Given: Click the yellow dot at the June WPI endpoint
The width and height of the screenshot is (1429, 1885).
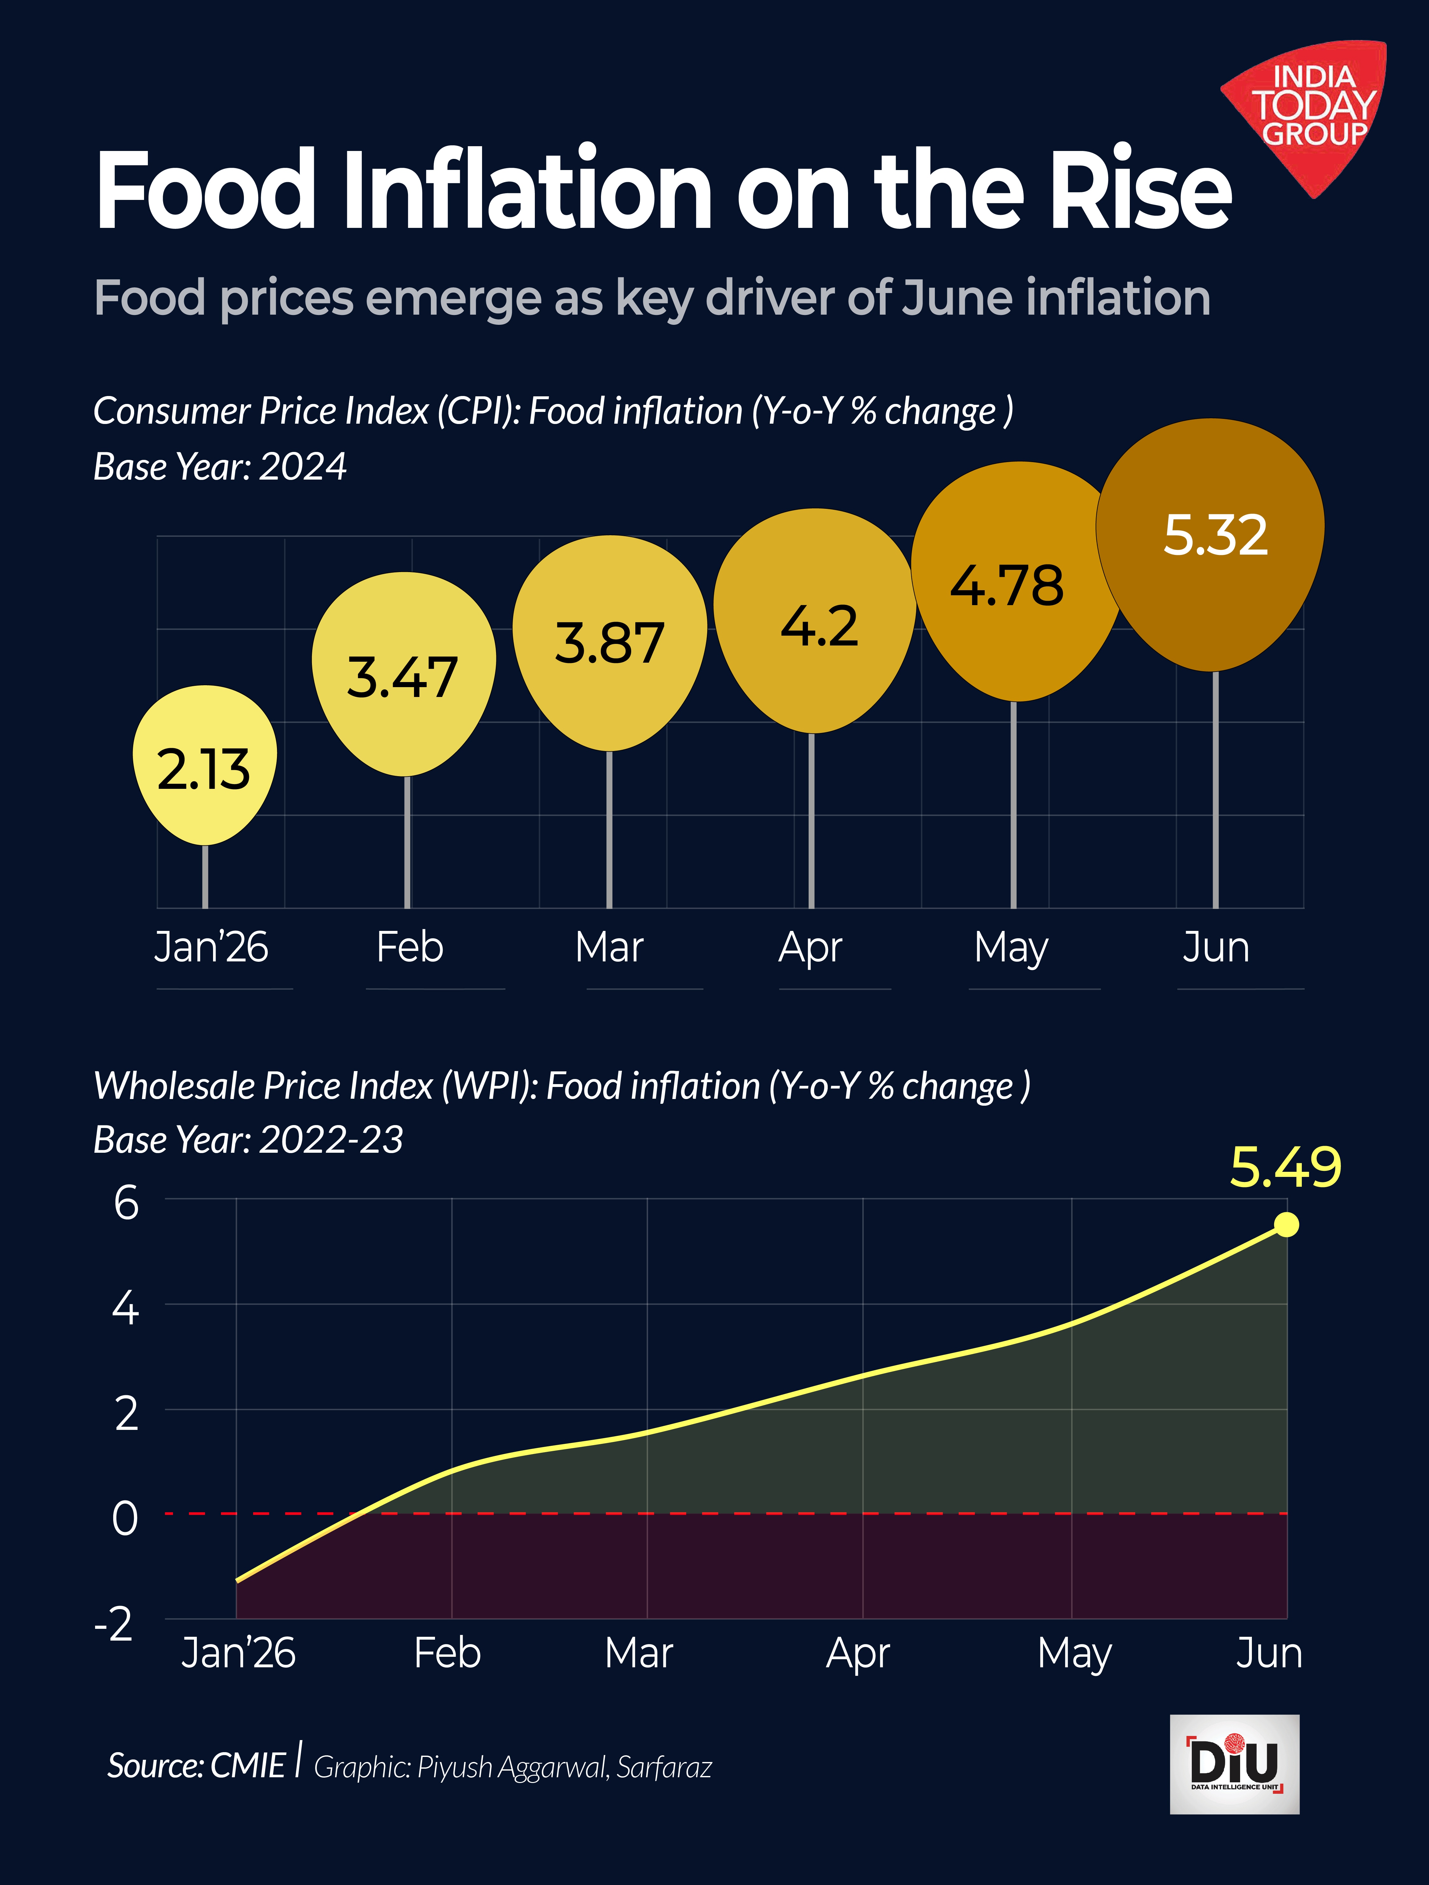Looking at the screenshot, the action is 1287,1225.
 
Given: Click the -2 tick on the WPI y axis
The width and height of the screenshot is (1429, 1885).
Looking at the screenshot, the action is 114,1623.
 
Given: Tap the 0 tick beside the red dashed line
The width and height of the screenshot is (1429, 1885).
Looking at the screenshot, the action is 125,1518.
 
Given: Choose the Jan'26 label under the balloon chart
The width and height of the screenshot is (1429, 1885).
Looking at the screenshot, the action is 211,947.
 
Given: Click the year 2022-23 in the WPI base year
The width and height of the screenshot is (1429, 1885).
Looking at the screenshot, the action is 331,1139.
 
